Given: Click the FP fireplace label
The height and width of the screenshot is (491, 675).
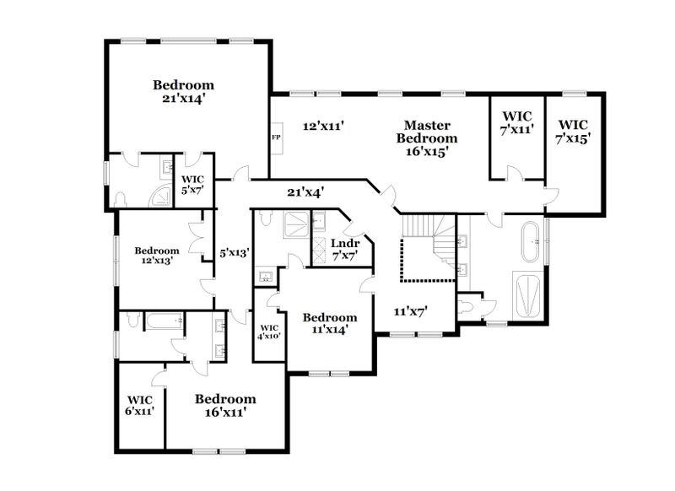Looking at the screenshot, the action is [276, 138].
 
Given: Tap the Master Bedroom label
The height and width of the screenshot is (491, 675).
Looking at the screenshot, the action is [427, 138].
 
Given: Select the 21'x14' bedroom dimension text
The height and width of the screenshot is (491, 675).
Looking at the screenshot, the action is [183, 99].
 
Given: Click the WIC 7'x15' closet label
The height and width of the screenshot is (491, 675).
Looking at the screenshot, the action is [573, 132].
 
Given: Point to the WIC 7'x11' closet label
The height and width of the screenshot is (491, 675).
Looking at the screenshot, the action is [517, 123].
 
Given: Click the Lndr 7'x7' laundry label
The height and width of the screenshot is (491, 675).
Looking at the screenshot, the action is [345, 250].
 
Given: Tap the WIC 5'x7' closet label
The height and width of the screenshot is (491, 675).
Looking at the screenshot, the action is [192, 185].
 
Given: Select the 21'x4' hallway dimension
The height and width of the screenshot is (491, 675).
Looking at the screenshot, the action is [305, 192].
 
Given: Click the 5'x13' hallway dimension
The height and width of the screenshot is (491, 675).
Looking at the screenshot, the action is [235, 252].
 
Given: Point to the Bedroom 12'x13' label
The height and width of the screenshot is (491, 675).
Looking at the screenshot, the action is [157, 255].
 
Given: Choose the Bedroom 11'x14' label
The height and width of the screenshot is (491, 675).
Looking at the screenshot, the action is [330, 324].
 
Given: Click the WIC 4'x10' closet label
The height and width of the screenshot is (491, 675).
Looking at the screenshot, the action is [269, 332].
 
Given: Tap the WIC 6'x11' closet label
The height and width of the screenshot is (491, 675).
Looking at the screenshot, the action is [139, 406].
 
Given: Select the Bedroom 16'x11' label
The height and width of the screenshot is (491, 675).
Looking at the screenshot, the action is [225, 405].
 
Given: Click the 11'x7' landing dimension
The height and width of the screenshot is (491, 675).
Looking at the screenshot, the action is [410, 311].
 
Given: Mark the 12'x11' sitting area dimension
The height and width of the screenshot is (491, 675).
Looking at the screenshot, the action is [323, 126].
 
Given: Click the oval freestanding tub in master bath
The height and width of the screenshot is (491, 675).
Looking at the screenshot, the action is [530, 242].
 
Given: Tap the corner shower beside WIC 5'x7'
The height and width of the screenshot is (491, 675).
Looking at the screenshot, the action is [159, 196].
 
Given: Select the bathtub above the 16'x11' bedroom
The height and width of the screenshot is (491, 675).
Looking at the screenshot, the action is [163, 321].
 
